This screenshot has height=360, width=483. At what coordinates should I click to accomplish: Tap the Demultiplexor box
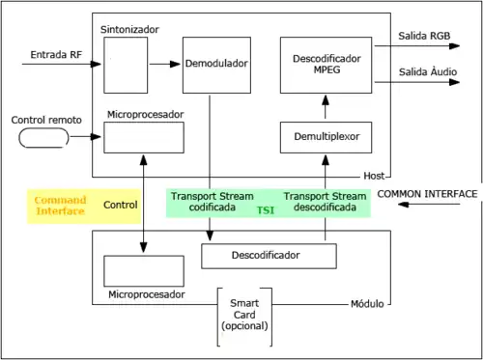[x=325, y=138]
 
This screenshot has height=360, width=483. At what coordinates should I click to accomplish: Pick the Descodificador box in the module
[x=269, y=256]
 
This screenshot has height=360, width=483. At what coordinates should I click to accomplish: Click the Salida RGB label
[x=426, y=36]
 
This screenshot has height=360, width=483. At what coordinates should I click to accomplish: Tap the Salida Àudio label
[x=427, y=72]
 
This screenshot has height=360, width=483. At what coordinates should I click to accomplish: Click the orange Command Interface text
[x=61, y=205]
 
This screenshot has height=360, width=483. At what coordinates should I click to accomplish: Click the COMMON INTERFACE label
[x=427, y=194]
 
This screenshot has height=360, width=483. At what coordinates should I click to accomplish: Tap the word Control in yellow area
[x=121, y=205]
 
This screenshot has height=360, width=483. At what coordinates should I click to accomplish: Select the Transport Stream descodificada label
[x=325, y=201]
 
